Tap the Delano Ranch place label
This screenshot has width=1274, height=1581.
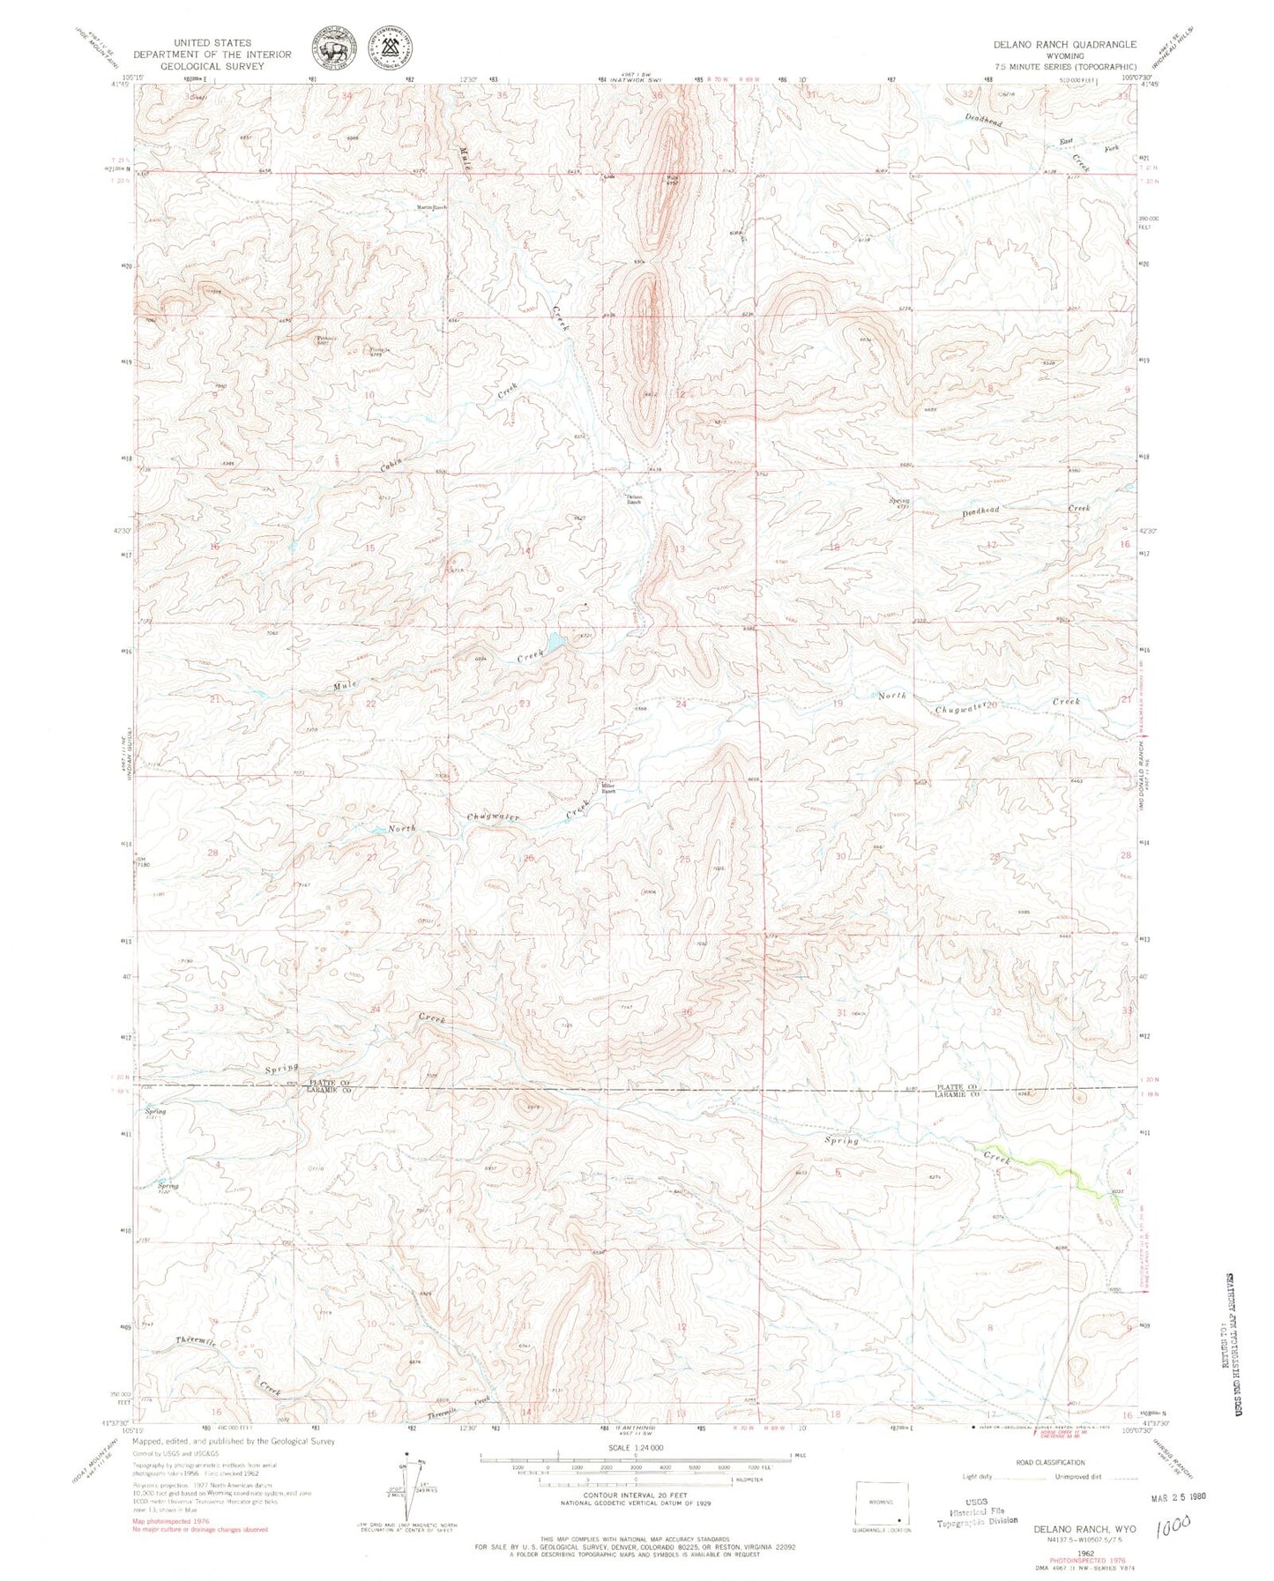[x=634, y=499]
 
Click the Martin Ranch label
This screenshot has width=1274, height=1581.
[x=432, y=208]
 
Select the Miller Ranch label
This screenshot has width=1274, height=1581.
[x=607, y=790]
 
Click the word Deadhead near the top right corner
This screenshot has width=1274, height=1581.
[x=984, y=121]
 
